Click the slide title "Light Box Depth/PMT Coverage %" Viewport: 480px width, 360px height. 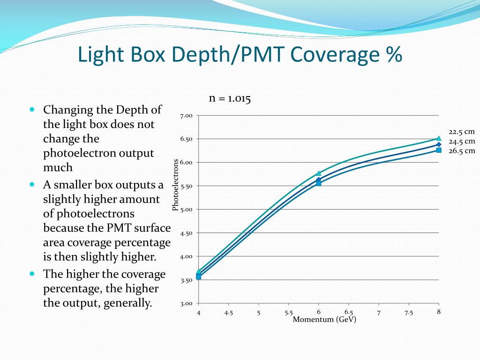(x=240, y=55)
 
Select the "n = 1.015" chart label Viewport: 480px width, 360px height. (x=230, y=99)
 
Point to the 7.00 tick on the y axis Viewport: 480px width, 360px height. (x=187, y=116)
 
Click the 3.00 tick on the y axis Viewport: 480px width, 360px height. (x=187, y=303)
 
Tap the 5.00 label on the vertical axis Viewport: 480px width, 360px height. (x=187, y=210)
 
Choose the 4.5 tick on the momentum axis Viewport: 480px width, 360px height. (x=229, y=313)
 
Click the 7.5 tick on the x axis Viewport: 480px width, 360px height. (x=409, y=313)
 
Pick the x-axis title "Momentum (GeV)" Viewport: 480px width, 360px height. (x=324, y=320)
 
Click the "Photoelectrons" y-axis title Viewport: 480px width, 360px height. (x=176, y=185)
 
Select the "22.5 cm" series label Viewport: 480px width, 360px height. (x=462, y=132)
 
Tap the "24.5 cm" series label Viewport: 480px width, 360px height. (x=462, y=141)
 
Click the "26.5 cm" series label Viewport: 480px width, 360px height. (x=462, y=150)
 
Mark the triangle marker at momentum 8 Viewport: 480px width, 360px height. (x=439, y=138)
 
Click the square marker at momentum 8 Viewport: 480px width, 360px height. (x=439, y=150)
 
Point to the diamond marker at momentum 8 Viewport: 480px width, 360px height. (x=439, y=144)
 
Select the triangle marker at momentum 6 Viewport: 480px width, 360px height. (x=319, y=173)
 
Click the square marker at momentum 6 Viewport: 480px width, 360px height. (x=319, y=183)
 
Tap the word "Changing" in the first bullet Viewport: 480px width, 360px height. (x=65, y=110)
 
